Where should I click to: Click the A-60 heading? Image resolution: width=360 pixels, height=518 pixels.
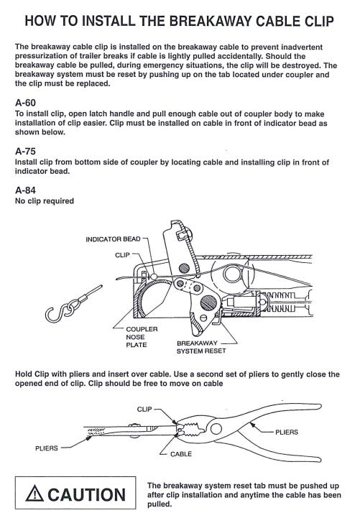click(x=25, y=103)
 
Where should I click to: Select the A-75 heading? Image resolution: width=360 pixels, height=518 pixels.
click(x=25, y=152)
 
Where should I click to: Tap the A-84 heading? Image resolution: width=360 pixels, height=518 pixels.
click(x=25, y=190)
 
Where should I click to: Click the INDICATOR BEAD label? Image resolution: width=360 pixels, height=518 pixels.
click(x=113, y=239)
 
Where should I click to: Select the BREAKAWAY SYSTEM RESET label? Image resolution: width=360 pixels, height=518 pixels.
click(x=201, y=347)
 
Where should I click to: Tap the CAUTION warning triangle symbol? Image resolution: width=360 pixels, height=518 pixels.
click(x=34, y=494)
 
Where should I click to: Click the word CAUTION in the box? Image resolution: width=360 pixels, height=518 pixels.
click(x=86, y=494)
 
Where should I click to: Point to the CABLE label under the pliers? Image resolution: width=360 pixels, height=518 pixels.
click(x=181, y=454)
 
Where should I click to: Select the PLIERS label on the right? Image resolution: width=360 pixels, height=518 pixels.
click(x=287, y=432)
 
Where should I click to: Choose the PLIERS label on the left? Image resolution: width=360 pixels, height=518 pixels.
click(x=47, y=448)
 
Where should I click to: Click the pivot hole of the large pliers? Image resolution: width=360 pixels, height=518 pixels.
click(x=216, y=429)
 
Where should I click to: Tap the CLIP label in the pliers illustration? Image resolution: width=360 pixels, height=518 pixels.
click(x=144, y=410)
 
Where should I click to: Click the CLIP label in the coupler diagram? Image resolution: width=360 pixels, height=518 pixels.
click(x=122, y=255)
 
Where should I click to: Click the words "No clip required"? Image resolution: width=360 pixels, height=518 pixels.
click(x=45, y=201)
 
